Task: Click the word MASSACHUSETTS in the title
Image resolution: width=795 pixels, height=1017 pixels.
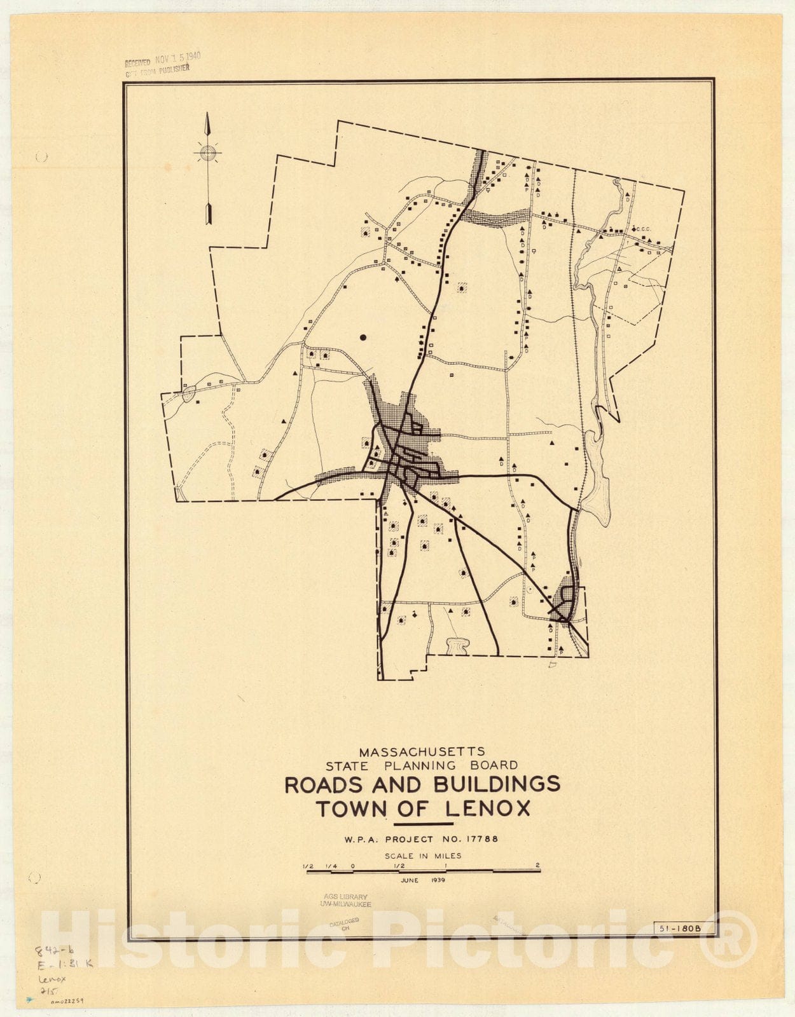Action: [x=422, y=751]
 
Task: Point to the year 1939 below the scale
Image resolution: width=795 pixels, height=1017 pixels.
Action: [x=438, y=880]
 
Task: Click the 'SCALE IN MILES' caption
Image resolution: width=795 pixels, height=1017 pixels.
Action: [x=423, y=856]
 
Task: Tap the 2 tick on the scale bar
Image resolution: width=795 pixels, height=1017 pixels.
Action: [x=538, y=866]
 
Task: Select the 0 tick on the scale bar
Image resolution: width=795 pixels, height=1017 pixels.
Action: [x=353, y=866]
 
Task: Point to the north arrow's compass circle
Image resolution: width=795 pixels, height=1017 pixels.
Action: [x=207, y=153]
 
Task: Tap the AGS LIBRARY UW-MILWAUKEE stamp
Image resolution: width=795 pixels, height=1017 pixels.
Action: [x=346, y=900]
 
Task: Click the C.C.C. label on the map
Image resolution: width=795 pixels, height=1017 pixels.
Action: [x=643, y=229]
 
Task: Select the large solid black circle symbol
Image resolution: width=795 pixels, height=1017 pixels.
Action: [x=363, y=338]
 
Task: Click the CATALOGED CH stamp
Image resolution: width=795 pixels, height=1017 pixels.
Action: [x=345, y=924]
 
